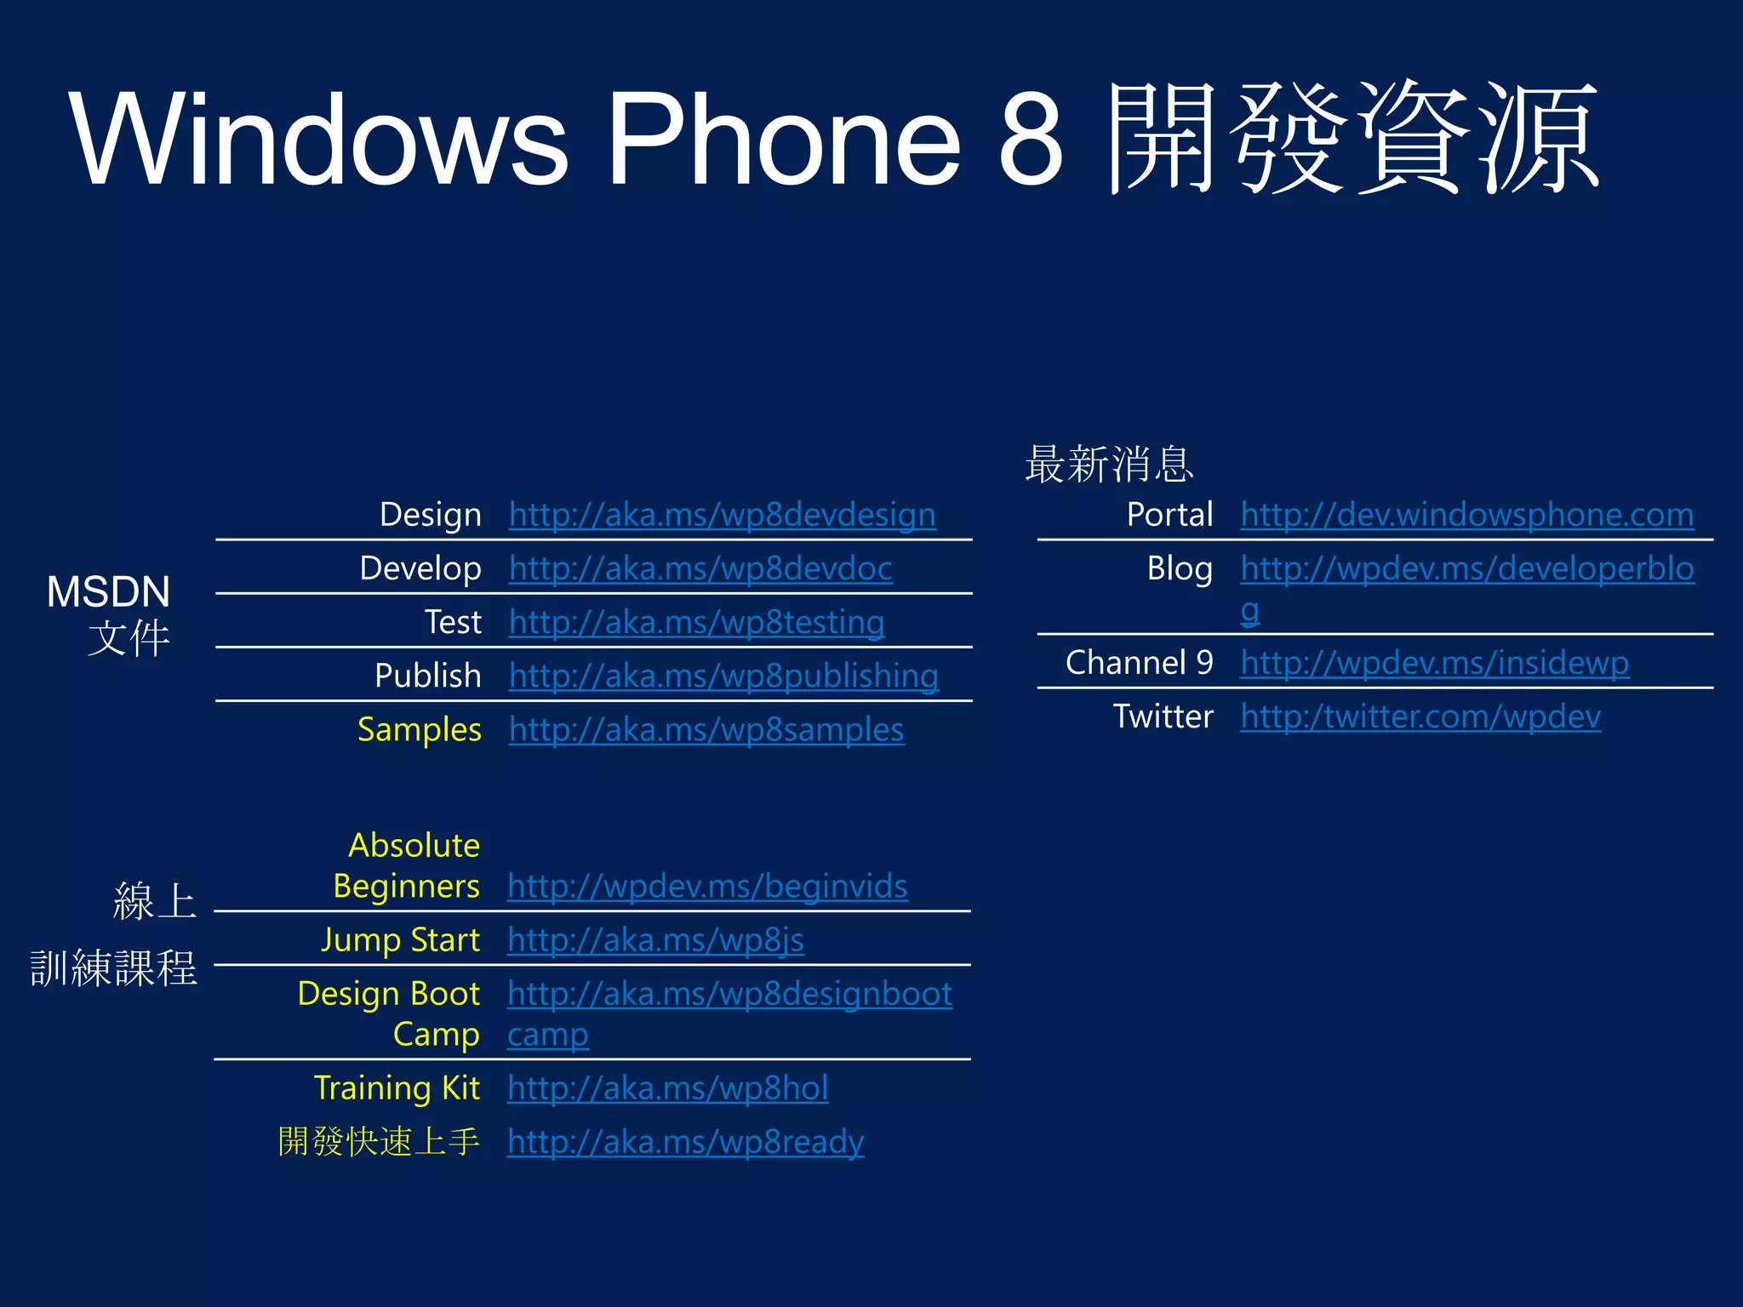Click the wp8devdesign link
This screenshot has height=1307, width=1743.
tap(722, 516)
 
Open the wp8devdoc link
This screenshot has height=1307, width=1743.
tap(700, 569)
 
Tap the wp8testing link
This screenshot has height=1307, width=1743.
tap(696, 623)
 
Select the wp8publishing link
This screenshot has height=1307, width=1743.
tap(723, 676)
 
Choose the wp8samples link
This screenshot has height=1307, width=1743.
tap(706, 730)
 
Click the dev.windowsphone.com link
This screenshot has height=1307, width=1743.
tap(1466, 516)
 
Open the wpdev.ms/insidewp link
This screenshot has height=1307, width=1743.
tap(1434, 663)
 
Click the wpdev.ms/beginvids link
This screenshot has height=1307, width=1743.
tap(706, 887)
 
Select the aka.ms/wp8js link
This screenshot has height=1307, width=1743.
tap(655, 940)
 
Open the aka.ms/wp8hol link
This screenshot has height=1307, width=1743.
tap(667, 1088)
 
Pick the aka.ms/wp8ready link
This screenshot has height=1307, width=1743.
tap(685, 1142)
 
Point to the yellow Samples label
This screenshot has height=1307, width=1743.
tap(420, 730)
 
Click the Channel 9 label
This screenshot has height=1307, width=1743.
tap(1139, 663)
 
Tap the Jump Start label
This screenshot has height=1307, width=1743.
tap(400, 940)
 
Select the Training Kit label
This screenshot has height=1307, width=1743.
tap(397, 1088)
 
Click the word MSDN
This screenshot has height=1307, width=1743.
tap(108, 591)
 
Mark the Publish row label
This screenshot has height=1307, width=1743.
tap(427, 676)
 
